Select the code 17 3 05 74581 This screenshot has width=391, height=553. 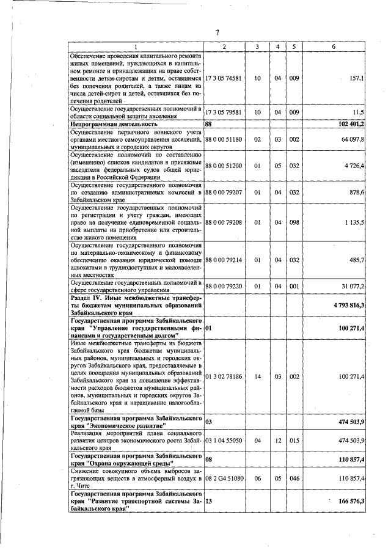[224, 79]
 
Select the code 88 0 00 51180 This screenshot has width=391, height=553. [224, 139]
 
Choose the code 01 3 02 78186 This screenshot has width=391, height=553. [224, 376]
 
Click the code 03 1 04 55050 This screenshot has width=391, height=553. [224, 440]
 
